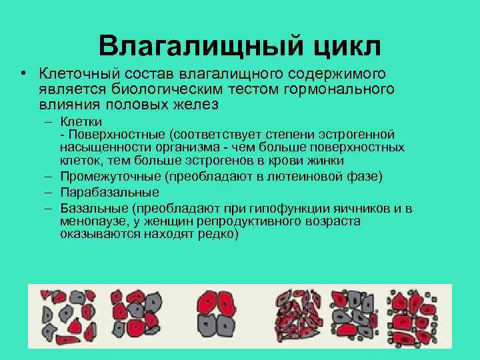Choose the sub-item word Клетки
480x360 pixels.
pos(81,122)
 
